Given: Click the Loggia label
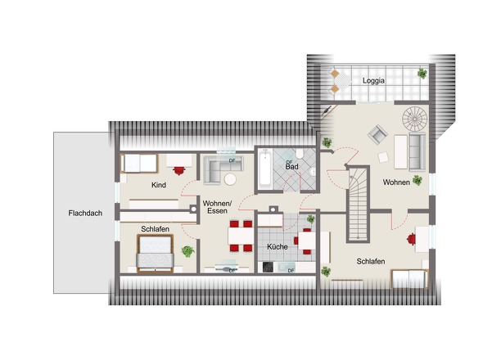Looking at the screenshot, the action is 373,81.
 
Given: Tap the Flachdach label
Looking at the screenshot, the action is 85,213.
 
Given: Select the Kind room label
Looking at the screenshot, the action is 159,185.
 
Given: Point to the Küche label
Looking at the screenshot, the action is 278,246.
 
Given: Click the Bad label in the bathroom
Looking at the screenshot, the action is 291,167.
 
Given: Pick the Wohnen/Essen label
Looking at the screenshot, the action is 217,207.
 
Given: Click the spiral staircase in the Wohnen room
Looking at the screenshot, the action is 415,119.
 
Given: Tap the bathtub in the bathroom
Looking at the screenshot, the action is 265,169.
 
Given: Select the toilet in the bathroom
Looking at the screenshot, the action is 300,153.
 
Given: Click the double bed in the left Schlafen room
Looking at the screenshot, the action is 156,254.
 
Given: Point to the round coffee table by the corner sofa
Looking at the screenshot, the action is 230,179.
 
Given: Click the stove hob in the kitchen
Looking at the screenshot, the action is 268,267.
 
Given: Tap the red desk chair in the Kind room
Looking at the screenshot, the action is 179,170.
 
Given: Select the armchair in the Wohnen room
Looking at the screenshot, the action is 378,134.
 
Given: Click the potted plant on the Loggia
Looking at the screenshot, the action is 422,74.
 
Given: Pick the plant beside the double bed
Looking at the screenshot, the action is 187,251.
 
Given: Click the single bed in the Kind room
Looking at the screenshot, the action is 140,163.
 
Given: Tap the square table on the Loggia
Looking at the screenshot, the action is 342,81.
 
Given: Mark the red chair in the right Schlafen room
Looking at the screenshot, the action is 411,239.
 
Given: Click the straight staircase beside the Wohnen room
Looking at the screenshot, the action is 359,204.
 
